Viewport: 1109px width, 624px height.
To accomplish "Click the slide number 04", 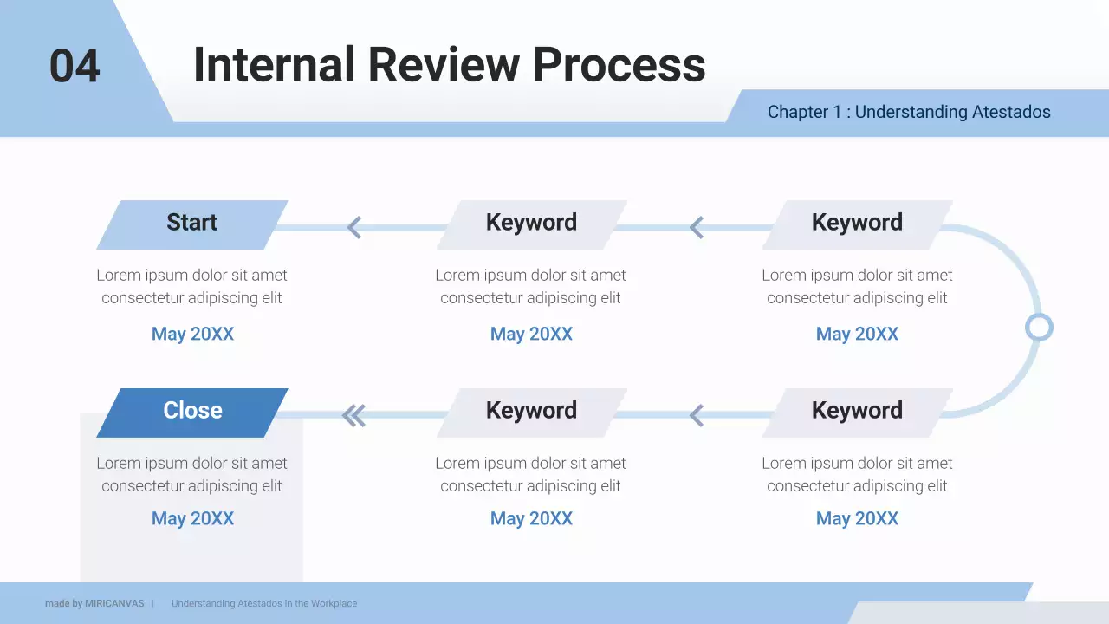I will click(75, 67).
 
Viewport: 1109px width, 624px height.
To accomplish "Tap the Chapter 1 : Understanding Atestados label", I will click(909, 112).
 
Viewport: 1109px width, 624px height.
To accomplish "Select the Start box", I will click(191, 224).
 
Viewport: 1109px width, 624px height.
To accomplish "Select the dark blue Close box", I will click(191, 412).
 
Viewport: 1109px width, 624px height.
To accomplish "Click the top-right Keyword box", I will click(857, 224).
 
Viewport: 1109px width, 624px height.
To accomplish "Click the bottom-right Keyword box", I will click(857, 412).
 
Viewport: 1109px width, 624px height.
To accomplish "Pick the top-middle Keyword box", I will click(531, 224).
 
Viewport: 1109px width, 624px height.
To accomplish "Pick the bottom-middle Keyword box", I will click(531, 412).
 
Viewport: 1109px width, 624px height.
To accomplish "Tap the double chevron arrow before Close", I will click(353, 416).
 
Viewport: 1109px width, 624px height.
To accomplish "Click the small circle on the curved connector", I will click(1038, 328).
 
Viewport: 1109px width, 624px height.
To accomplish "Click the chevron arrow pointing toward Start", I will click(353, 228).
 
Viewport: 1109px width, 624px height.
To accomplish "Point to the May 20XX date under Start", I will click(192, 334).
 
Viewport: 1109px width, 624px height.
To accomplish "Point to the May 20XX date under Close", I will click(192, 518).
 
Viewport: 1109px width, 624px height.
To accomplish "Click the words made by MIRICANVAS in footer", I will click(94, 603).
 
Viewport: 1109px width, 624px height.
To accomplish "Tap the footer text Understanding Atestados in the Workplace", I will click(264, 603).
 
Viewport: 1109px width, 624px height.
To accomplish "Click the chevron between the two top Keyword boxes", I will click(697, 228).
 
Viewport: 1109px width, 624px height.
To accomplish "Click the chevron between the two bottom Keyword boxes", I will click(697, 416).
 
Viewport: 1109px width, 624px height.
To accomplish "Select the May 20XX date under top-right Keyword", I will click(857, 334).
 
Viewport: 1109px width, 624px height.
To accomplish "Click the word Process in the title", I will click(619, 65).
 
